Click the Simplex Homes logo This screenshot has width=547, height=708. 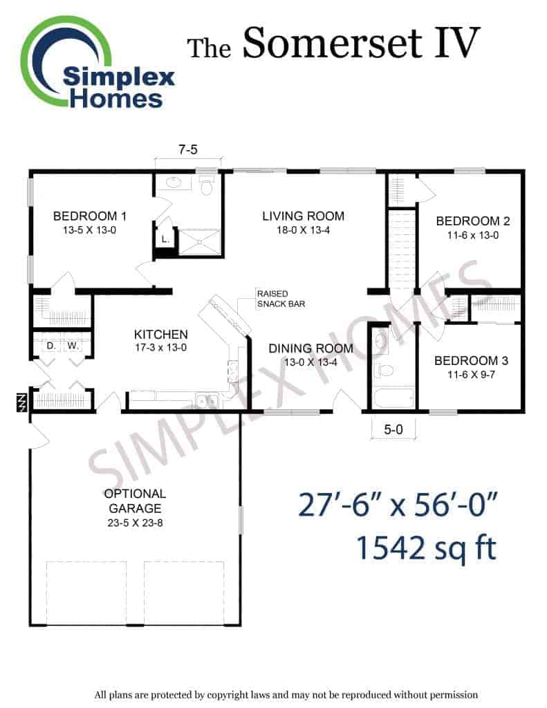coord(98,62)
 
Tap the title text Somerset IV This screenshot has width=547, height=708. coord(361,43)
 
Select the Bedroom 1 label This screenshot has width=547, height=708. coord(89,223)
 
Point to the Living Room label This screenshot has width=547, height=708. coord(303,223)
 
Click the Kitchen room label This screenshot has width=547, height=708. coord(161,340)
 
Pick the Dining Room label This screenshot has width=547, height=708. coord(310,355)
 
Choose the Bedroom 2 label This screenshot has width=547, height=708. coord(473,227)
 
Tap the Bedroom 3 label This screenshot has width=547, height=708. coord(471,367)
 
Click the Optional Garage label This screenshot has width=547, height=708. coord(135,508)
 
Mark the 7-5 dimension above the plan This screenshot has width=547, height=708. coord(188,149)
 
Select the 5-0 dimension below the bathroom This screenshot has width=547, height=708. coord(393,429)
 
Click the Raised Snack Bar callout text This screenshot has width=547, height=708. coord(281,299)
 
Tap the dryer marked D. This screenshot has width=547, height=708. coord(50,346)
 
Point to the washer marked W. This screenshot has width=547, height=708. coord(73,346)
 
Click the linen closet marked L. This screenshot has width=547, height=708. coord(165,239)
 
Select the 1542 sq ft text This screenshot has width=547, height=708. coord(427,548)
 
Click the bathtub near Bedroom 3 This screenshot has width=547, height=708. coord(393,398)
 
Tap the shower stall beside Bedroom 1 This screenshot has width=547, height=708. coord(200,243)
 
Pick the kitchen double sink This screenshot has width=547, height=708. coord(207,400)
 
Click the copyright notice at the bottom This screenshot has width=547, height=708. coord(286,694)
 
